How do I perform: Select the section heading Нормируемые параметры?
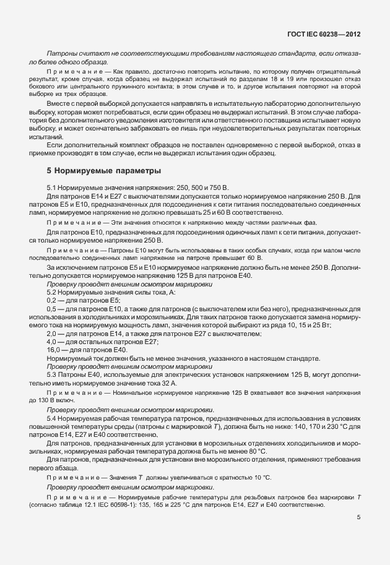[x=108, y=170]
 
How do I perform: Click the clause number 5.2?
[x=52, y=291]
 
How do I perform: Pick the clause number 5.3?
[x=52, y=375]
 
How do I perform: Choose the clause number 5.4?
[x=52, y=419]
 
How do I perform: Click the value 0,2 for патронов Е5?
[x=51, y=300]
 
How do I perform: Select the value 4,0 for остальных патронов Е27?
[x=51, y=342]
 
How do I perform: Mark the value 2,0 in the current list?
[x=51, y=334]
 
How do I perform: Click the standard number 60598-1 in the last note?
[x=105, y=506]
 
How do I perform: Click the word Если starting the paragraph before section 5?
[x=54, y=145]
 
